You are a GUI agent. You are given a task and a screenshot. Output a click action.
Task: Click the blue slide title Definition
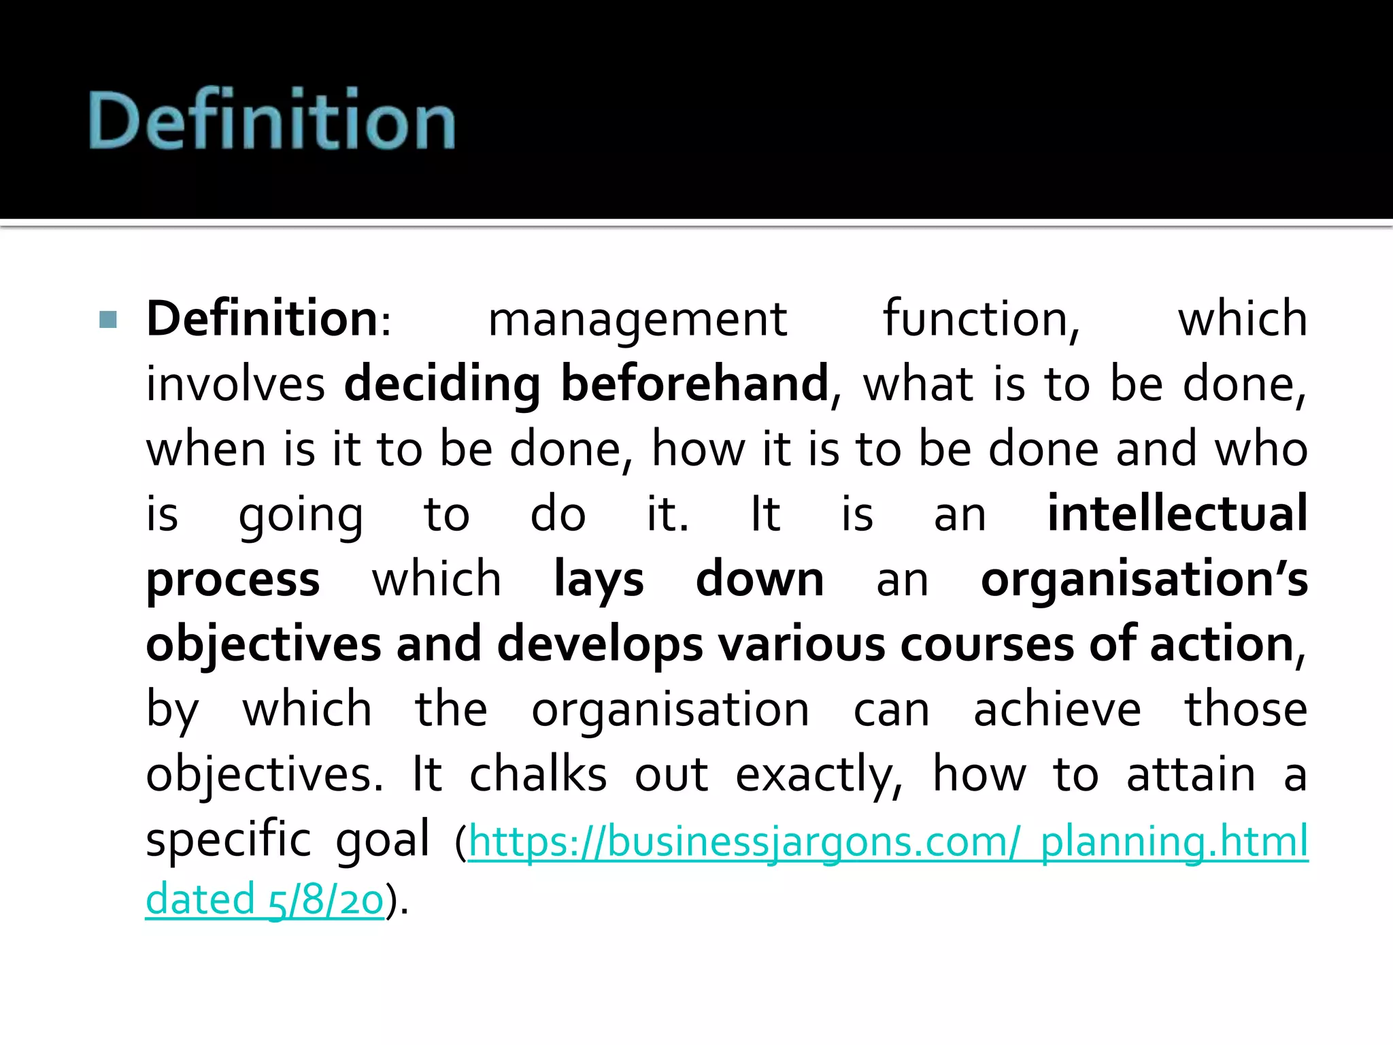coord(272,120)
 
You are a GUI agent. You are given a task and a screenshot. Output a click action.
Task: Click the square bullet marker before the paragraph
coord(108,319)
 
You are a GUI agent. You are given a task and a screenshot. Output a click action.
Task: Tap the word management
coord(637,320)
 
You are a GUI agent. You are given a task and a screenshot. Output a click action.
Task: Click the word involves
coord(235,384)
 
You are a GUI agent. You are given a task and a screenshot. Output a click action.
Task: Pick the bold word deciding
coord(442,385)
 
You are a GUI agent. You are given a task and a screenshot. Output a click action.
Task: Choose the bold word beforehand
coord(694,384)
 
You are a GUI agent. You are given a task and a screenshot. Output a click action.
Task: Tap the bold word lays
coord(599,580)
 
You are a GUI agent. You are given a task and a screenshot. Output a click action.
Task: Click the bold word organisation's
coord(1144,580)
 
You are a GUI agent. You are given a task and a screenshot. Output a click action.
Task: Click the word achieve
coord(1057,709)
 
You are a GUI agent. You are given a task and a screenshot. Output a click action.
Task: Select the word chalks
coord(538,774)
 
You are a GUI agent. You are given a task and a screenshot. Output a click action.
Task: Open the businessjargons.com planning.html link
coord(888,841)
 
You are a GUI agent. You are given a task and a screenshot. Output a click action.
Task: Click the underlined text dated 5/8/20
coord(265,899)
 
